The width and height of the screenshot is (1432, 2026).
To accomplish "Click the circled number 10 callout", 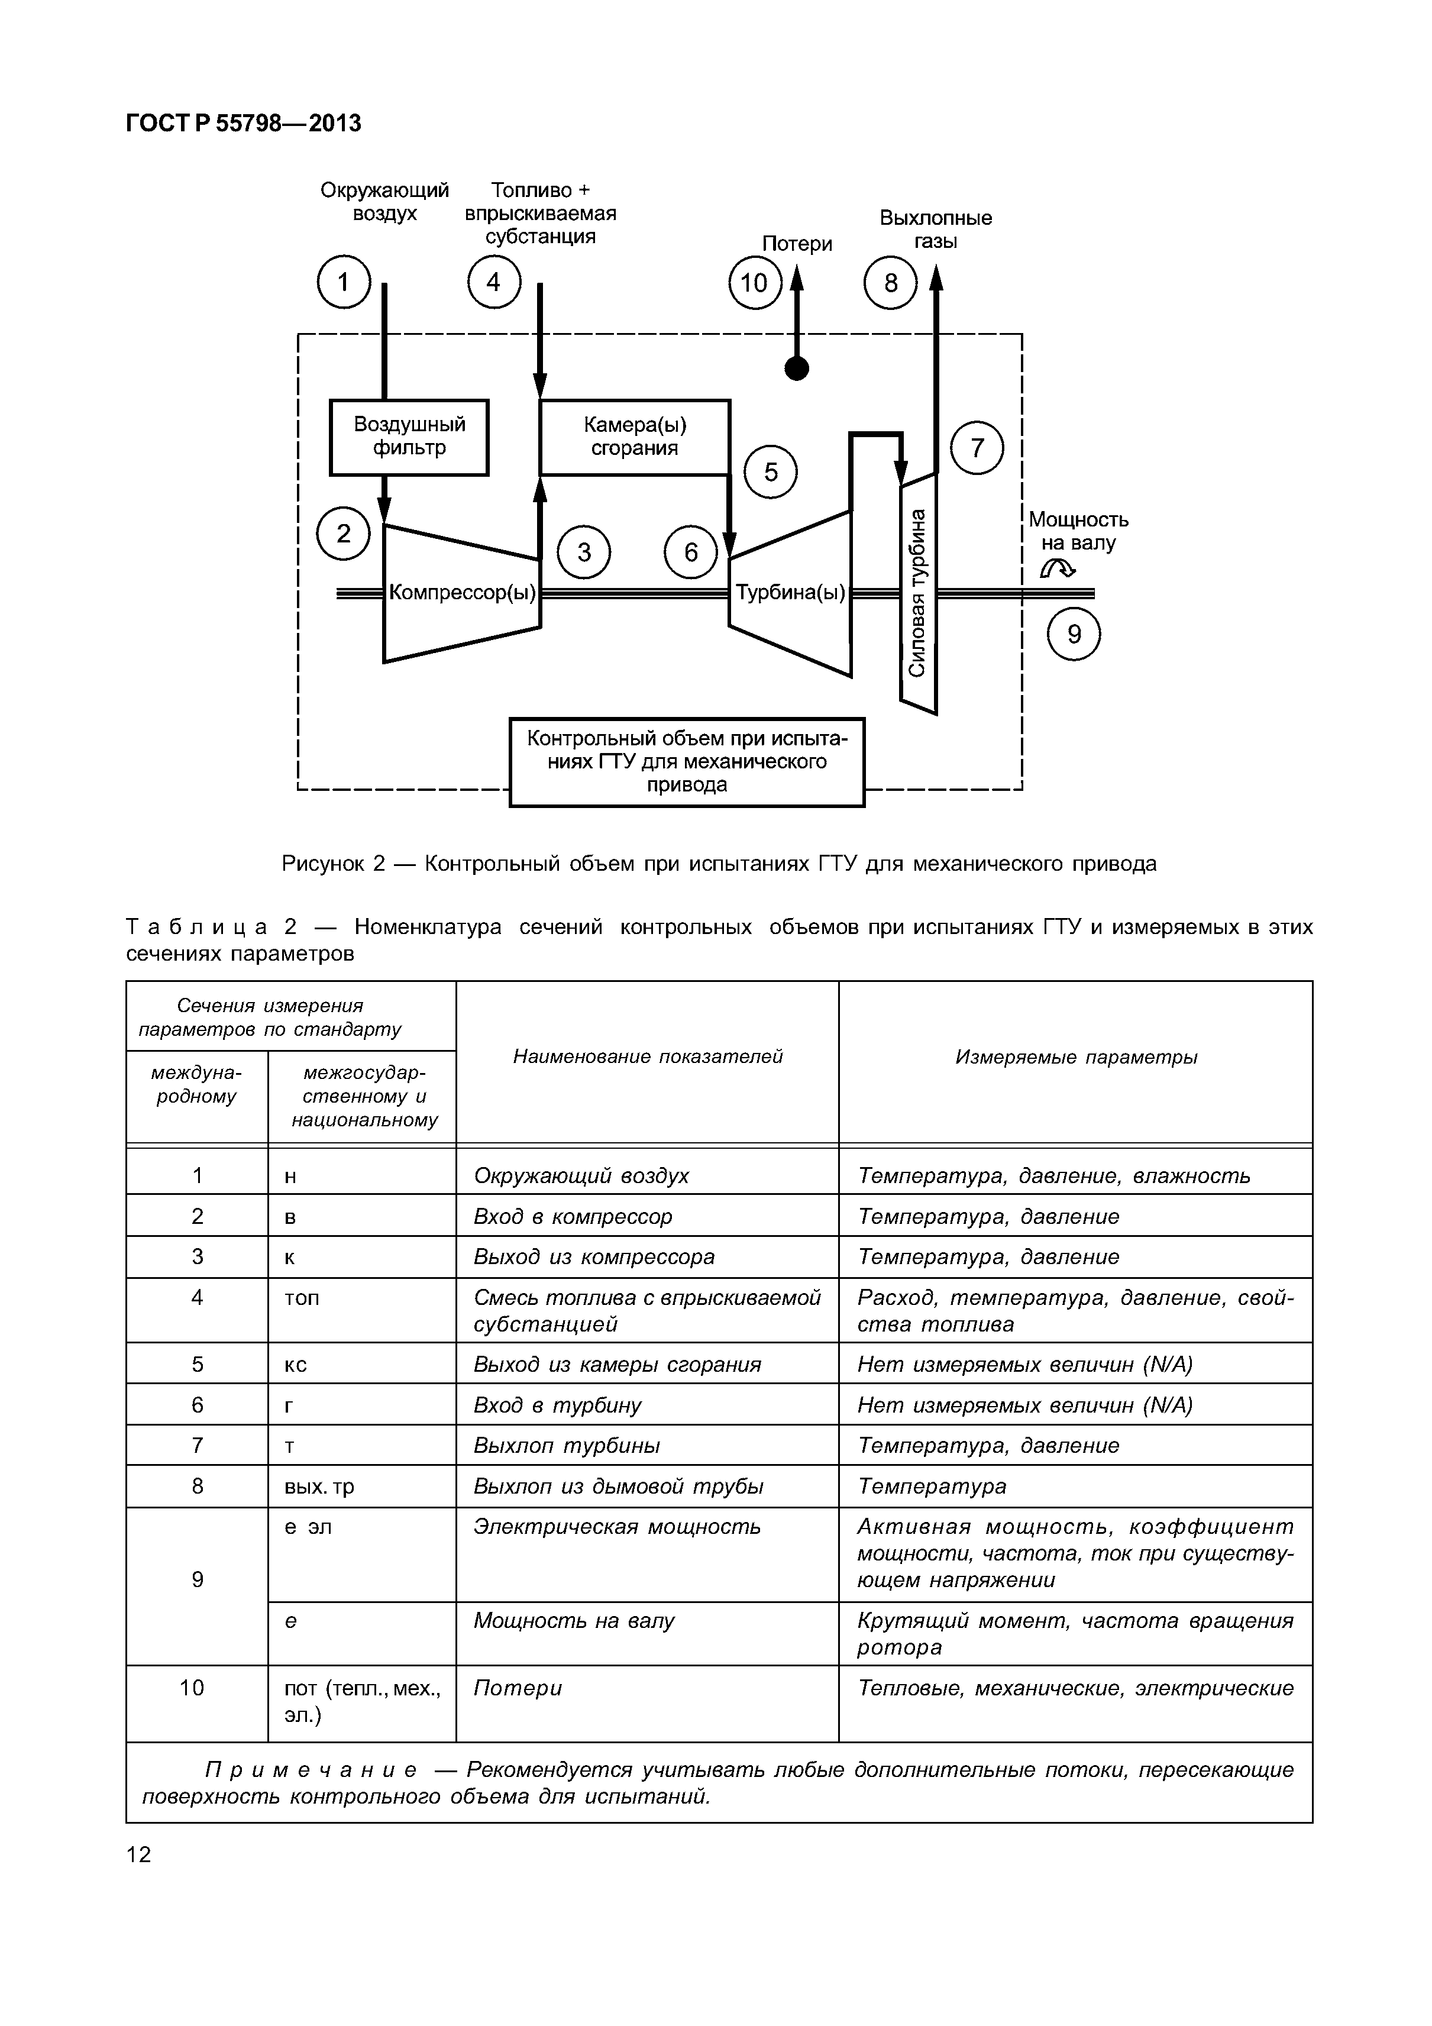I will pyautogui.click(x=754, y=283).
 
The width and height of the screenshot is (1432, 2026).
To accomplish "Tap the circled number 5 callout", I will pyautogui.click(x=770, y=473).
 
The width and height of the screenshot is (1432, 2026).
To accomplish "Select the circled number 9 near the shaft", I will pyautogui.click(x=1074, y=635).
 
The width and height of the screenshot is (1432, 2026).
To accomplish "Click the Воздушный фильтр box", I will pyautogui.click(x=409, y=437).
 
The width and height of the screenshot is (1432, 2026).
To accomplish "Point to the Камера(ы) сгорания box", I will pyautogui.click(x=635, y=437).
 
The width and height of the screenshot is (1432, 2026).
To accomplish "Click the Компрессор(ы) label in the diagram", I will pyautogui.click(x=463, y=593).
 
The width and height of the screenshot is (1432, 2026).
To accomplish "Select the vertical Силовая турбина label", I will pyautogui.click(x=917, y=593).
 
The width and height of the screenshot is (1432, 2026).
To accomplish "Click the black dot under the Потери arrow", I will pyautogui.click(x=797, y=369).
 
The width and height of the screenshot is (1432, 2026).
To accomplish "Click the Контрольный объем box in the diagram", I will pyautogui.click(x=687, y=761).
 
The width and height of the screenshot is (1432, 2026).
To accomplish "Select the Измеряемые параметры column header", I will pyautogui.click(x=1075, y=1057).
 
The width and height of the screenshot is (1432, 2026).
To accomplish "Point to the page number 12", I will pyautogui.click(x=140, y=1854).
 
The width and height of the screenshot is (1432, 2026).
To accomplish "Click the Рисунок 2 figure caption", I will pyautogui.click(x=718, y=864).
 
